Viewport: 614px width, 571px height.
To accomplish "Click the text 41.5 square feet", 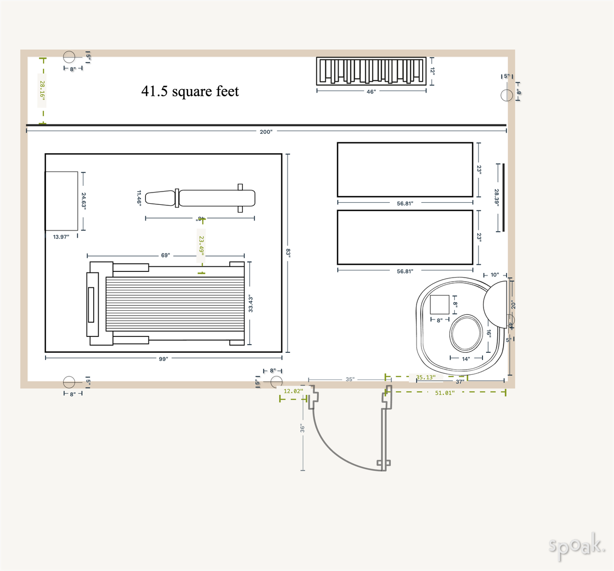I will tap(190, 91).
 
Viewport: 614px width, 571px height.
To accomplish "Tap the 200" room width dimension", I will tap(266, 132).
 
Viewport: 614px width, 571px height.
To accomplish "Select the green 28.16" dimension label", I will tap(42, 90).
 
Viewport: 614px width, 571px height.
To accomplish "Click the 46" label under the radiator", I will tap(371, 92).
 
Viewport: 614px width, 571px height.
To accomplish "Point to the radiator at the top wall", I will tap(371, 71).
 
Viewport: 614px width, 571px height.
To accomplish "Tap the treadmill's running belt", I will tap(174, 304).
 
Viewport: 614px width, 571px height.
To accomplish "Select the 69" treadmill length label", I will tap(165, 255).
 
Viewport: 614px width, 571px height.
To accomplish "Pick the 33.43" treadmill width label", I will tap(251, 304).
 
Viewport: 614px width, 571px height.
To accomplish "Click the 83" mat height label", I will tap(288, 252).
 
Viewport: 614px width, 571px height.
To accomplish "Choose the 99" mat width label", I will tap(163, 359).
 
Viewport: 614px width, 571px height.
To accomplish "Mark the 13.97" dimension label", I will tap(61, 237).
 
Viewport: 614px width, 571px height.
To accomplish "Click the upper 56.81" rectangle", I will tap(405, 170).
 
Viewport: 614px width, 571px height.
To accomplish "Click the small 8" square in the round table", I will tap(440, 305).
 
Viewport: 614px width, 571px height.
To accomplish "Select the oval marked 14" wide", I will tap(466, 333).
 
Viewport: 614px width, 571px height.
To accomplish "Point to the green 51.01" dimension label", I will tap(444, 393).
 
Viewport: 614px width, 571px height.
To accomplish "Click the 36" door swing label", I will tap(302, 428).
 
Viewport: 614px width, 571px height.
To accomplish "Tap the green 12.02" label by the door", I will tap(293, 391).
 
